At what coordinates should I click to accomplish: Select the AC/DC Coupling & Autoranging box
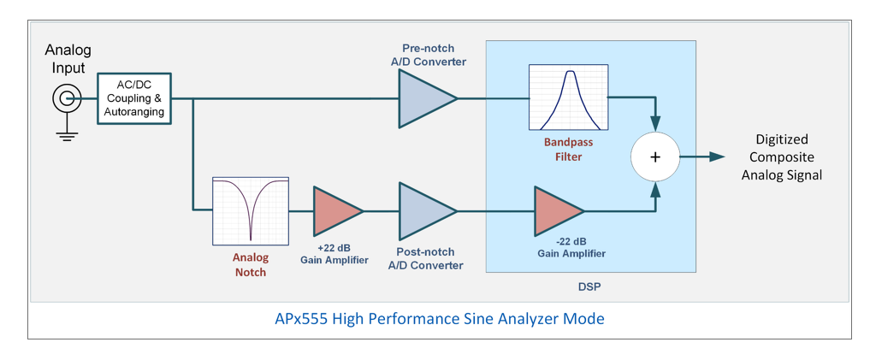tap(135, 98)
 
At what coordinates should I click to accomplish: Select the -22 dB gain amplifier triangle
tap(559, 211)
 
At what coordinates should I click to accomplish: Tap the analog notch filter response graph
tap(251, 211)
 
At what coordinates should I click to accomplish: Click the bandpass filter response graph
tap(568, 97)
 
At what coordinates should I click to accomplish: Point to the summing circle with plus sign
tap(655, 157)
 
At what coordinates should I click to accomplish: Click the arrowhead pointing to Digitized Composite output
tap(717, 157)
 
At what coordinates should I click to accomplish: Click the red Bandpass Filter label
tap(568, 150)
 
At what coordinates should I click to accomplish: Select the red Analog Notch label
tap(250, 264)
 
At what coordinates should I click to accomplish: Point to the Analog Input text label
tap(68, 59)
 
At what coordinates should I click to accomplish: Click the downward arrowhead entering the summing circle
tap(656, 124)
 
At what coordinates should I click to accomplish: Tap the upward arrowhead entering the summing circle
tap(656, 190)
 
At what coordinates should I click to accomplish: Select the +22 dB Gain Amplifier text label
tap(334, 254)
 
